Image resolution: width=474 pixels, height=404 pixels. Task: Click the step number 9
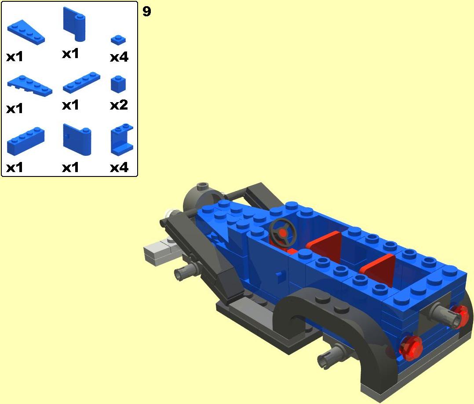[x=146, y=11]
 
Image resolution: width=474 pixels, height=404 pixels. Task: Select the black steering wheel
[x=282, y=232]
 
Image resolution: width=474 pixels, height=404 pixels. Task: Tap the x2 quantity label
[x=119, y=105]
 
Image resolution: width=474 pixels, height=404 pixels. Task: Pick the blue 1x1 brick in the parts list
[x=119, y=84]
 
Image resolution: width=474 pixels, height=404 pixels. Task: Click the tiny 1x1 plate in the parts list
[x=118, y=40]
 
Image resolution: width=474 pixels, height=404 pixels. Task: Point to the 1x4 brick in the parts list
[x=26, y=141]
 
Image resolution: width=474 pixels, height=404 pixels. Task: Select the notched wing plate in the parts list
[x=29, y=85]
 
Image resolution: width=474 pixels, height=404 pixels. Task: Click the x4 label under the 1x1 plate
[x=119, y=57]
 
